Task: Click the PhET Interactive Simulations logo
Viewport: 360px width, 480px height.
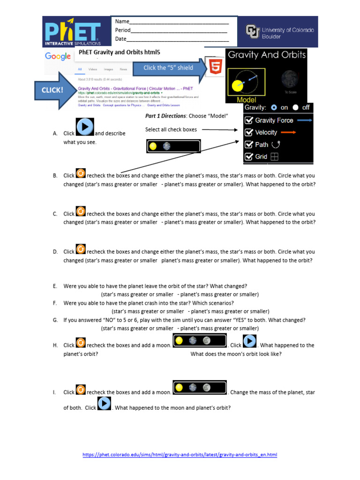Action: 73,31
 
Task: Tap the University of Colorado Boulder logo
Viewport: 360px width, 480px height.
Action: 280,32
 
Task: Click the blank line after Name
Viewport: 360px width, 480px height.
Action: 179,22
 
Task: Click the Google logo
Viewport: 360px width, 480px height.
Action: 58,56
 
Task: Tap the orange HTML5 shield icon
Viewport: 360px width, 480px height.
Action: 216,68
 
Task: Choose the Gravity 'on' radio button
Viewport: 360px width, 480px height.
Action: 274,107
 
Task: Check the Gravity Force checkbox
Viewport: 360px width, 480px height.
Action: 249,120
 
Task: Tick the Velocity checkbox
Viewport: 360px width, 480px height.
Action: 249,133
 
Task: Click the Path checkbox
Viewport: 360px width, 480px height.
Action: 249,145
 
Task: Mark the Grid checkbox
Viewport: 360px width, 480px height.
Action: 249,157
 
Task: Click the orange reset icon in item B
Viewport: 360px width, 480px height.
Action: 81,173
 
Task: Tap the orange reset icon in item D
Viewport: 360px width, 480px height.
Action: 81,249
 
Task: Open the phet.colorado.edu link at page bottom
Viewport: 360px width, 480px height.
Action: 180,455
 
